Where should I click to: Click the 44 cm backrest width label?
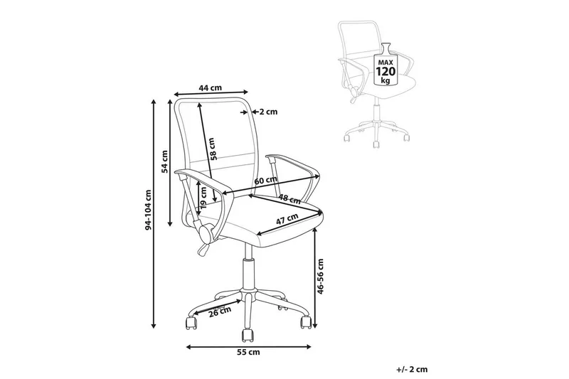(x=210, y=87)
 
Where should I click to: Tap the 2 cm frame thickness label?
(x=268, y=112)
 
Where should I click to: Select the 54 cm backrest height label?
(x=165, y=161)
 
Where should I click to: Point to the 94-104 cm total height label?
(x=148, y=210)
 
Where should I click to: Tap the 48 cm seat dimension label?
(x=289, y=198)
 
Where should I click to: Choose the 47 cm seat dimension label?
(x=287, y=220)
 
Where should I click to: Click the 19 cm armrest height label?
(x=203, y=198)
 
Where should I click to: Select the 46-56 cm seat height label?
(x=320, y=276)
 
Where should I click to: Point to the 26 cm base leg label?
(x=220, y=312)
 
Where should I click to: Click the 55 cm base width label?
(x=248, y=352)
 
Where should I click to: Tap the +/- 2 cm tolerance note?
(x=412, y=370)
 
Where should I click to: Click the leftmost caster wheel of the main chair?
(x=191, y=322)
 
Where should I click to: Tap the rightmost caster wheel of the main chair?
(x=306, y=321)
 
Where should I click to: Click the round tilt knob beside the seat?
(x=206, y=233)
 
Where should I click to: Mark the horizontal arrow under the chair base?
(x=248, y=347)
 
